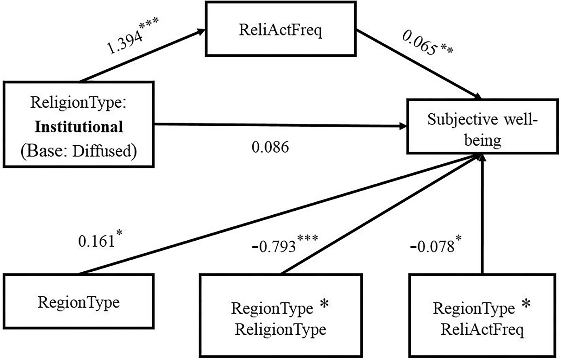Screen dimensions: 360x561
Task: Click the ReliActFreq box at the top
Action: point(280,29)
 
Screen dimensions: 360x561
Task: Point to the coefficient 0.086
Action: point(270,147)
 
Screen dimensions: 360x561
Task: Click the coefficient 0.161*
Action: point(99,240)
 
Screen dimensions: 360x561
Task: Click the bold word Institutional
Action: point(79,127)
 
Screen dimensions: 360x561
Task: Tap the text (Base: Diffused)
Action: point(79,151)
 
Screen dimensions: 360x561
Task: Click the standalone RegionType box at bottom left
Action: point(79,301)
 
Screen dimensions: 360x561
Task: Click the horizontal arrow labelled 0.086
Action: point(279,125)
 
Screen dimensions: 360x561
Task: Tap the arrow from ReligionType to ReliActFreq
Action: point(142,55)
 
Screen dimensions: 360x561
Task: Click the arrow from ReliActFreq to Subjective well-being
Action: point(418,63)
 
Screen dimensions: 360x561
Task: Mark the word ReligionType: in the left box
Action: point(79,103)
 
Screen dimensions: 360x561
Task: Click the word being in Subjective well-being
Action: point(482,140)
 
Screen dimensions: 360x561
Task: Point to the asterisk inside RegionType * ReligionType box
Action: point(324,304)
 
